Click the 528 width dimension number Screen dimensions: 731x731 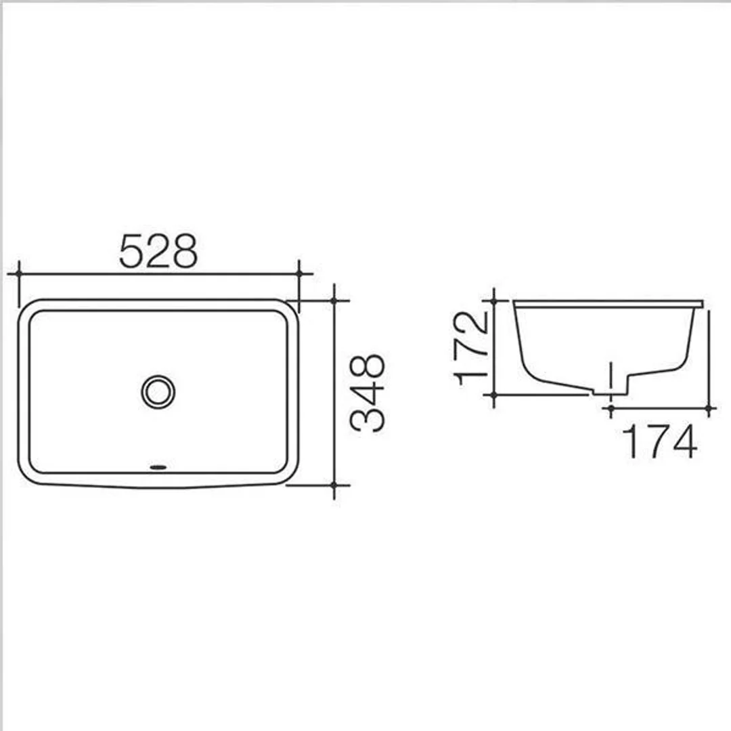coord(158,250)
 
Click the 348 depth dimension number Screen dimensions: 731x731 coord(368,393)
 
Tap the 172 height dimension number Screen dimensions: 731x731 coord(472,347)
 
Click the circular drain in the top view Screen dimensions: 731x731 coord(158,391)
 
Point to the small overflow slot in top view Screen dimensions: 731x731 coord(158,466)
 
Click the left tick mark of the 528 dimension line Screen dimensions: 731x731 coord(19,273)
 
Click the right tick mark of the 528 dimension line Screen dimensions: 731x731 coord(298,273)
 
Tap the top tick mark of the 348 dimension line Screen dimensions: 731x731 coord(334,300)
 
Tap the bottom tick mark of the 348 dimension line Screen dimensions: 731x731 coord(334,485)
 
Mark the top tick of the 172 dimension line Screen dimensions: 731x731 coord(494,300)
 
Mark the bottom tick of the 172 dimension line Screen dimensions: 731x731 coord(494,394)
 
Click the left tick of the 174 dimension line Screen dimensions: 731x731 coord(611,408)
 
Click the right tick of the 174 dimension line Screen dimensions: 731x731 coord(709,408)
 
